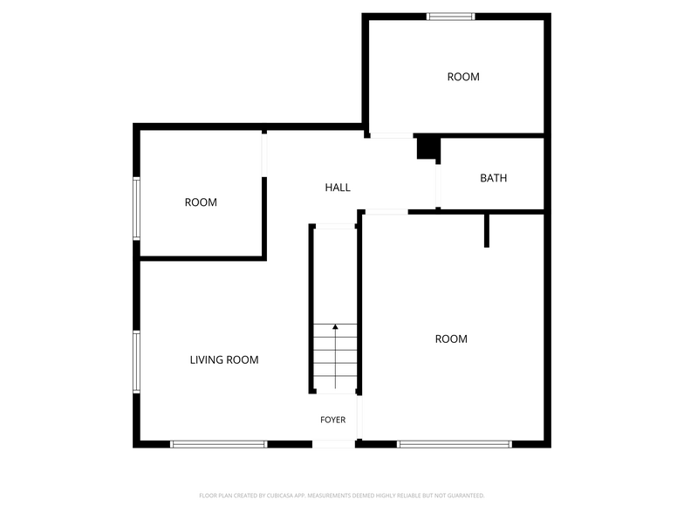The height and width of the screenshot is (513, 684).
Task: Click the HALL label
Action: [338, 188]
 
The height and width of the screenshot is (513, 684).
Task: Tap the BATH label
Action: [494, 178]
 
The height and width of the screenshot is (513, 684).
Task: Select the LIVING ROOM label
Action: [224, 359]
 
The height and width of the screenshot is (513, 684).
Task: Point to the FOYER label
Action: [333, 420]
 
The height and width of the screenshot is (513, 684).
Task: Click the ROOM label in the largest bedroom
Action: [451, 339]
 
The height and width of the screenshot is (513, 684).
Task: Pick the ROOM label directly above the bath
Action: [463, 77]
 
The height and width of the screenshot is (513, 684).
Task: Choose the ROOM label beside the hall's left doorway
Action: [201, 202]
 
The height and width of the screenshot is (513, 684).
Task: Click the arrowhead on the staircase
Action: [335, 326]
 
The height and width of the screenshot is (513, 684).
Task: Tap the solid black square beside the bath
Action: [427, 148]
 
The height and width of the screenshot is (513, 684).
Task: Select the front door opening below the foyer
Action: [333, 444]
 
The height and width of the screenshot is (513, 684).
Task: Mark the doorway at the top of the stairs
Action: [335, 227]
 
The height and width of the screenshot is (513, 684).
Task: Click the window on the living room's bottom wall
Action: [218, 444]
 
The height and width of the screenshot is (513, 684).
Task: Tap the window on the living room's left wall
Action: [136, 362]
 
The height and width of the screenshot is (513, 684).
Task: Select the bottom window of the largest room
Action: [454, 444]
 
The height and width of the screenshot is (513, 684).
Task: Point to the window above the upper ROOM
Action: [450, 17]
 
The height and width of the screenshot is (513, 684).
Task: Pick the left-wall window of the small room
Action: [136, 209]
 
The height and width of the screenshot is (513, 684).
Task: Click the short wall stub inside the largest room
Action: [487, 230]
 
